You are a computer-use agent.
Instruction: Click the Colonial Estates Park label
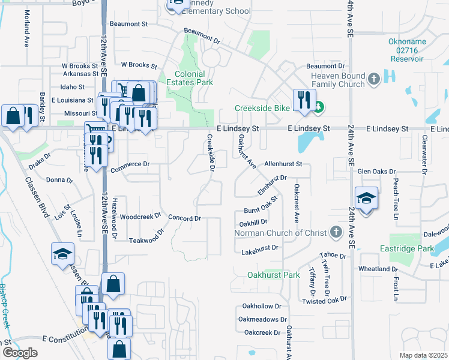point(193,77)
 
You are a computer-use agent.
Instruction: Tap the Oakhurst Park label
point(273,275)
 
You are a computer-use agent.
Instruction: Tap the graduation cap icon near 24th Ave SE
point(366,198)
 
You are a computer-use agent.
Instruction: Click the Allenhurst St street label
point(286,163)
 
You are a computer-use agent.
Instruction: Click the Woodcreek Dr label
point(141,216)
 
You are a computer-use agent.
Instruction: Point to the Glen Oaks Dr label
point(378,172)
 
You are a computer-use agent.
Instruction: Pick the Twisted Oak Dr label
point(325,299)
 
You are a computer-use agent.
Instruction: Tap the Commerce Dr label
point(130,164)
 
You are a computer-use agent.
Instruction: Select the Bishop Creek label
point(5,305)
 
